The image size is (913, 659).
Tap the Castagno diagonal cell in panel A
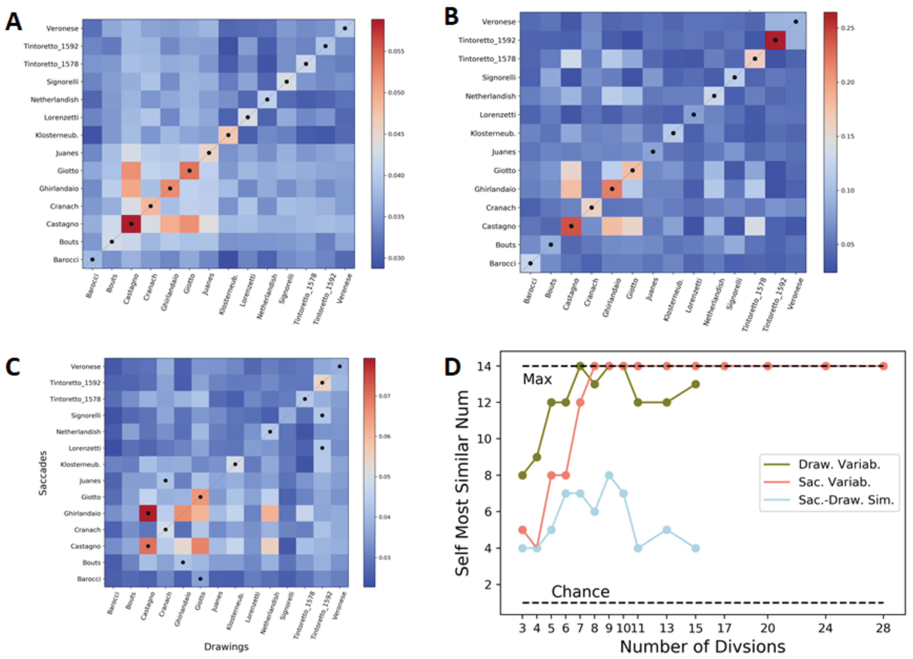tap(131, 224)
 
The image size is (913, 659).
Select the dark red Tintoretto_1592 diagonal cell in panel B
tap(775, 40)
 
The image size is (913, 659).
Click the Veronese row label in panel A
tap(62, 29)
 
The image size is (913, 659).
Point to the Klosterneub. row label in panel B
tap(493, 133)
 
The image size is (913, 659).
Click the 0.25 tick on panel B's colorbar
tap(847, 28)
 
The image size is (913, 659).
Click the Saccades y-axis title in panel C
tap(43, 473)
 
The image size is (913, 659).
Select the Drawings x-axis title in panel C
tap(226, 647)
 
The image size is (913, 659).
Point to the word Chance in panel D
tap(580, 591)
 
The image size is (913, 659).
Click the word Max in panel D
tap(537, 379)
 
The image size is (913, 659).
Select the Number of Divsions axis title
tap(702, 647)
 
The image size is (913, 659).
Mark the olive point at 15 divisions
tap(696, 384)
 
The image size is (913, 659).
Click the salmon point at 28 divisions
tap(883, 366)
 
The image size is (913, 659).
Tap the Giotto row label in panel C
tap(91, 497)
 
